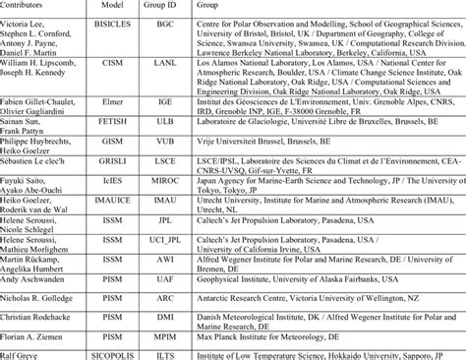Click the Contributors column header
(x=29, y=5)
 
